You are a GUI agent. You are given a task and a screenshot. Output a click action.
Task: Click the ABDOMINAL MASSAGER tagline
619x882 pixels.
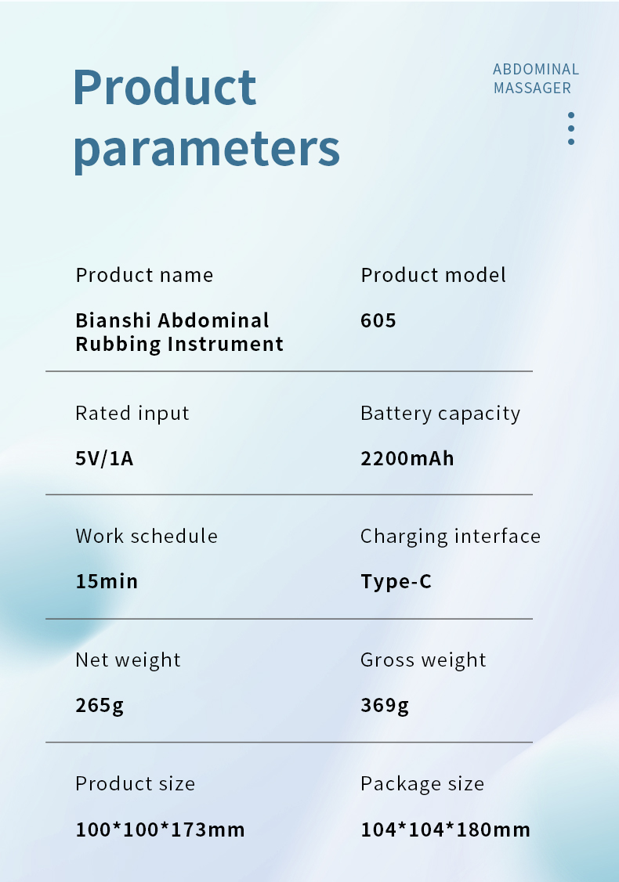pos(536,78)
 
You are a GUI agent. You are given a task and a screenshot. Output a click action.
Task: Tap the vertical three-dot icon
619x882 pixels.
pos(571,128)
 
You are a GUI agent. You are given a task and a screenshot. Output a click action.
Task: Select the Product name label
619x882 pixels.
pos(145,275)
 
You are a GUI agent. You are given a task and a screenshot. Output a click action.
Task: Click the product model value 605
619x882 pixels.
pos(378,320)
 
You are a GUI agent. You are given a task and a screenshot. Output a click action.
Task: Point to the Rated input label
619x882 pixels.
pos(132,414)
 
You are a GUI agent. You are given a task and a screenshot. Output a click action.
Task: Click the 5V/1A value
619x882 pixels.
pos(104,458)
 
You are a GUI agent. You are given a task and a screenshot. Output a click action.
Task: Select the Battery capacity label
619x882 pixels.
pos(440,414)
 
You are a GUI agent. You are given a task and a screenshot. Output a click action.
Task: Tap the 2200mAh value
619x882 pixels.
pos(407,458)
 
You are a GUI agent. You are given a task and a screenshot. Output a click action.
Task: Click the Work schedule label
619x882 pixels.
pos(147,536)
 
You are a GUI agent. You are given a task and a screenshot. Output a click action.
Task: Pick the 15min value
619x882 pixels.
pos(107,581)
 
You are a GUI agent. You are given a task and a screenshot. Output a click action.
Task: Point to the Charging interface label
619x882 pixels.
pos(451,537)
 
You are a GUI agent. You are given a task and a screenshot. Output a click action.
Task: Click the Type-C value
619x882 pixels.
pos(396,582)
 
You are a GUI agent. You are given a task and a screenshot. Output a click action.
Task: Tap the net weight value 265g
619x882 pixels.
pos(100,706)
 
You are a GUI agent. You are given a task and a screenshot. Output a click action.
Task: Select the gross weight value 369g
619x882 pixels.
pos(385,706)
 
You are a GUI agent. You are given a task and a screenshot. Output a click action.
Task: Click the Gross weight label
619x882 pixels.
pos(423,660)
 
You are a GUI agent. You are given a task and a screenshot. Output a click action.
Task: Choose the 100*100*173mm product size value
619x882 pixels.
pos(161,830)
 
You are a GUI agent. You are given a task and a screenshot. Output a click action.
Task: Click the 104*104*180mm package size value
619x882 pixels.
pos(446,830)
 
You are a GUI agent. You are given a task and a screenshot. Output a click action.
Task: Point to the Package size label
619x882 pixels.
pos(422,784)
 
